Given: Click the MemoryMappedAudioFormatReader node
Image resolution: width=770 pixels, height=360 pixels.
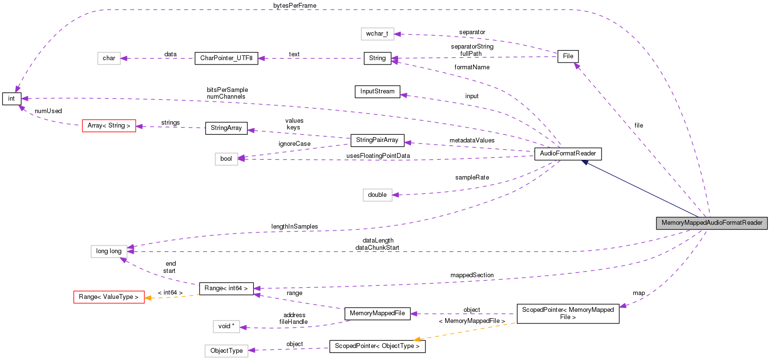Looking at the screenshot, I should (711, 223).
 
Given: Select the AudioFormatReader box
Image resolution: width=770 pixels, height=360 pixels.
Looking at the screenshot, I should (567, 154).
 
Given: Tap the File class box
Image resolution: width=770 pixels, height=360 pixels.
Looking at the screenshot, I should (568, 56).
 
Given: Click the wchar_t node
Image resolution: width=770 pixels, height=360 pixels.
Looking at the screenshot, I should (377, 34).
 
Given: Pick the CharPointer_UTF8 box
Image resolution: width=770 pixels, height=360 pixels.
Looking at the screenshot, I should (226, 58).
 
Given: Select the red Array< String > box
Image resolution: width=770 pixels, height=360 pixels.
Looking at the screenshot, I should (109, 126).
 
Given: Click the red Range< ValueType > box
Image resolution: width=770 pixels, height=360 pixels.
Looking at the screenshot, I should (109, 297).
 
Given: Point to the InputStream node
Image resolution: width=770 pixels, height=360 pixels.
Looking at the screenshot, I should (377, 91).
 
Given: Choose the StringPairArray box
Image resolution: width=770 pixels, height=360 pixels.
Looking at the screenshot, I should (377, 140).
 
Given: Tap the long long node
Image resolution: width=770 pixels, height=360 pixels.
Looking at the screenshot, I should (109, 251).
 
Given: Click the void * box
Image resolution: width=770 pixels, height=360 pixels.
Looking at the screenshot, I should (226, 326).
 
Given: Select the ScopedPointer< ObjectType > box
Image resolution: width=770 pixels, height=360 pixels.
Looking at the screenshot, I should (377, 346).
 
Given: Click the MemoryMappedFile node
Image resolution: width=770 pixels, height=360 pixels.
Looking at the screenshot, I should (377, 313).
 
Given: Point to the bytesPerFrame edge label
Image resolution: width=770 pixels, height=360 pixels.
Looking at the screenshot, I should (295, 6).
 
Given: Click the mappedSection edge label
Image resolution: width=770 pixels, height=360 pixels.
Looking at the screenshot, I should (472, 275).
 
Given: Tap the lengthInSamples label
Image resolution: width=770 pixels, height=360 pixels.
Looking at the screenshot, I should (295, 227).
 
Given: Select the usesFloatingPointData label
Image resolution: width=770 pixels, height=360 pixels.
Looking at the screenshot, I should (378, 156).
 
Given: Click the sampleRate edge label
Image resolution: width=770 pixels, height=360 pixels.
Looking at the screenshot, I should (472, 178).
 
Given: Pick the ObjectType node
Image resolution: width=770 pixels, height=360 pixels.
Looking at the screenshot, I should (226, 351).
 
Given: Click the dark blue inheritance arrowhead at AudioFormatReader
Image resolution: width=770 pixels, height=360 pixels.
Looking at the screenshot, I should (585, 163).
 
